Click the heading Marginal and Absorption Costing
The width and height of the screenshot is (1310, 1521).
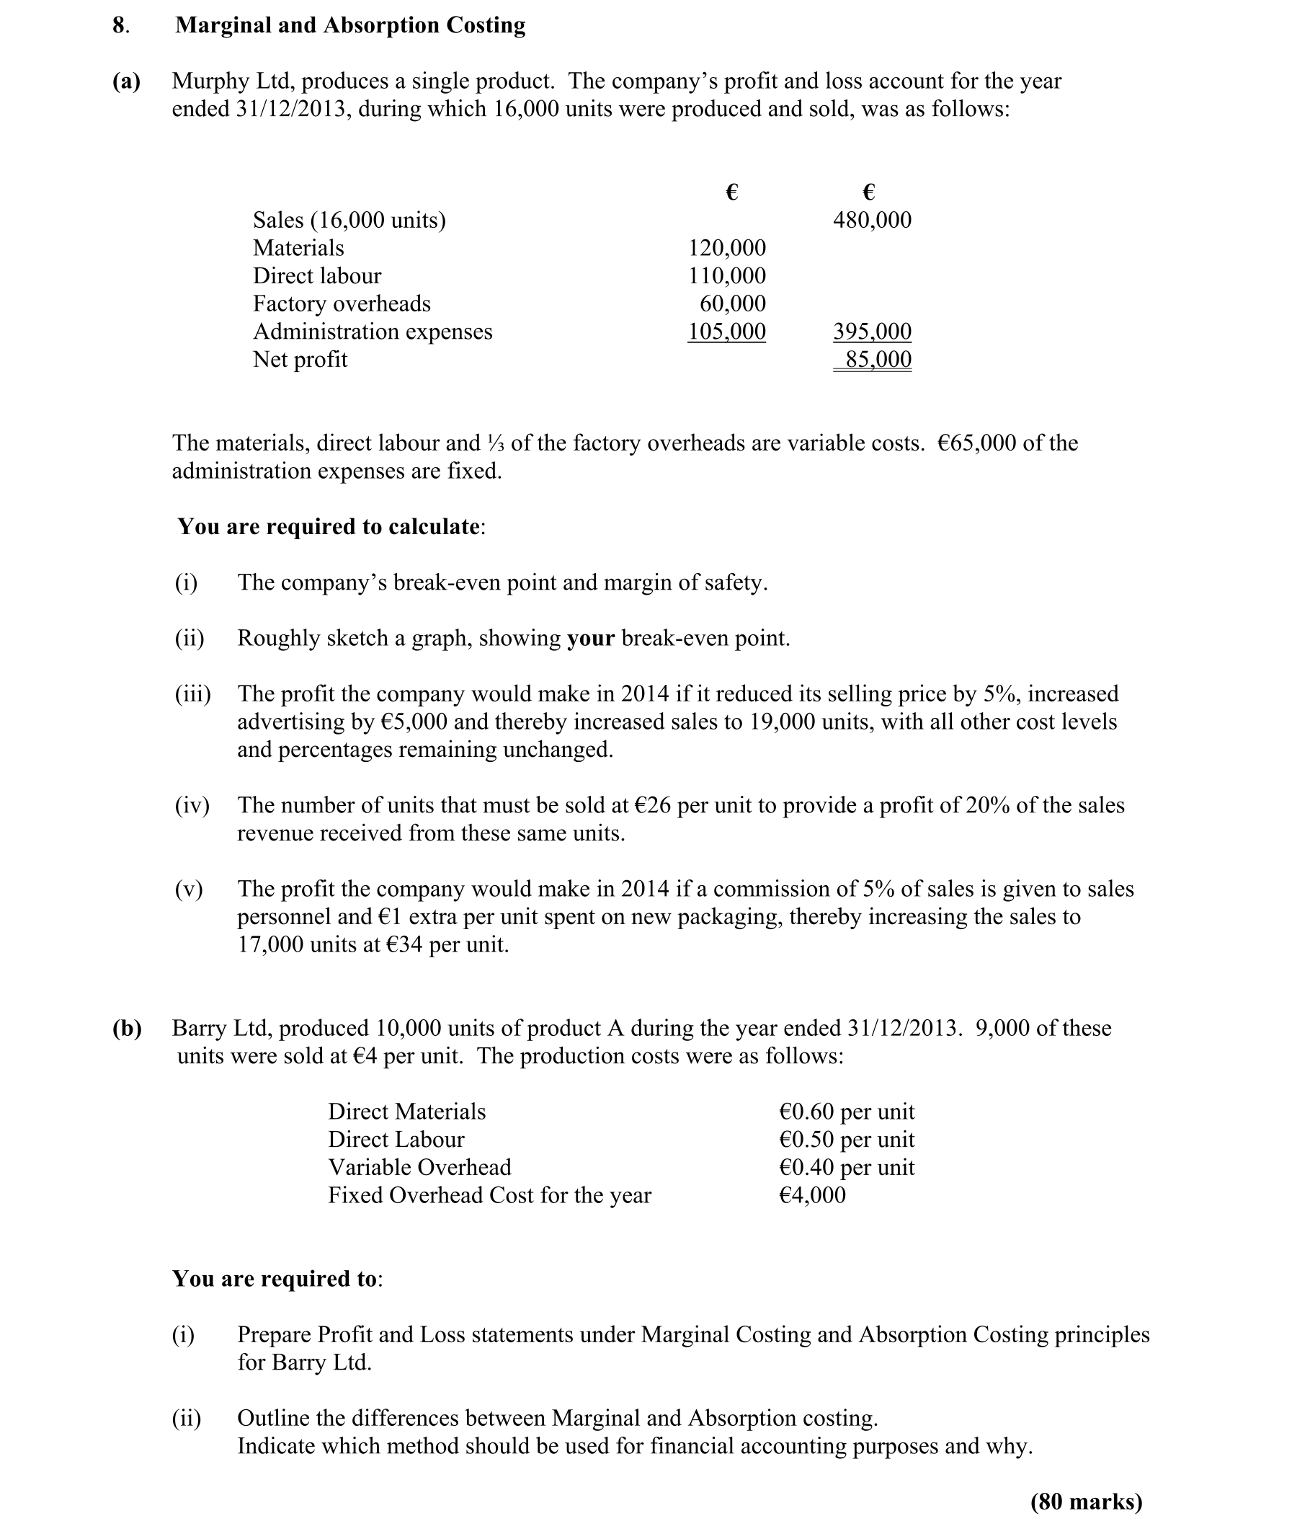[350, 26]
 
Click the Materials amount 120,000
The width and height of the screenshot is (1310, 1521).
[726, 248]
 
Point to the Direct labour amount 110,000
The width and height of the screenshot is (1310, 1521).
[726, 276]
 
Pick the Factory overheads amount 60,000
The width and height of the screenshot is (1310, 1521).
[732, 304]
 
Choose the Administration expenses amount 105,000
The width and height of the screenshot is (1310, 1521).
[726, 332]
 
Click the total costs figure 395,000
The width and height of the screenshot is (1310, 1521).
[872, 332]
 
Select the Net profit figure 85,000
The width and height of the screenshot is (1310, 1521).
[878, 360]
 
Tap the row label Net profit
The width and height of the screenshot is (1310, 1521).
[300, 360]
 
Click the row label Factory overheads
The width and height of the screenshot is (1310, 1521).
[342, 304]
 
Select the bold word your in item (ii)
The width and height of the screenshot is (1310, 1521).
[591, 639]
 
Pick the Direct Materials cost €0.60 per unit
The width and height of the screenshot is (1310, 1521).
[846, 1112]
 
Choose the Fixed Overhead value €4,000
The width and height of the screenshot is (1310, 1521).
[811, 1195]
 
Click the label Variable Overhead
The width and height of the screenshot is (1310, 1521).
[420, 1167]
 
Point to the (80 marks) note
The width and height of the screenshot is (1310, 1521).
[1086, 1502]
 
